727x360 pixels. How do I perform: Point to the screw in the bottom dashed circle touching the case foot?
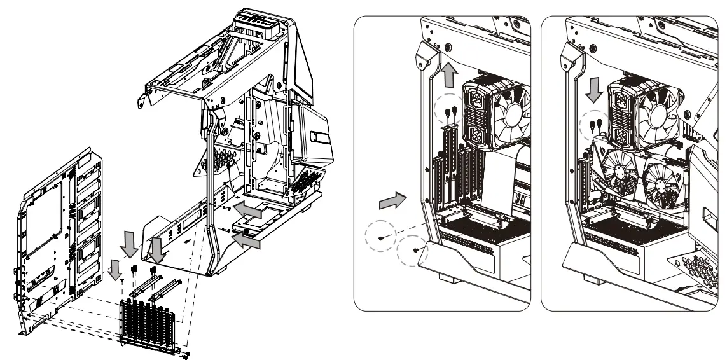[x=415, y=249]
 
